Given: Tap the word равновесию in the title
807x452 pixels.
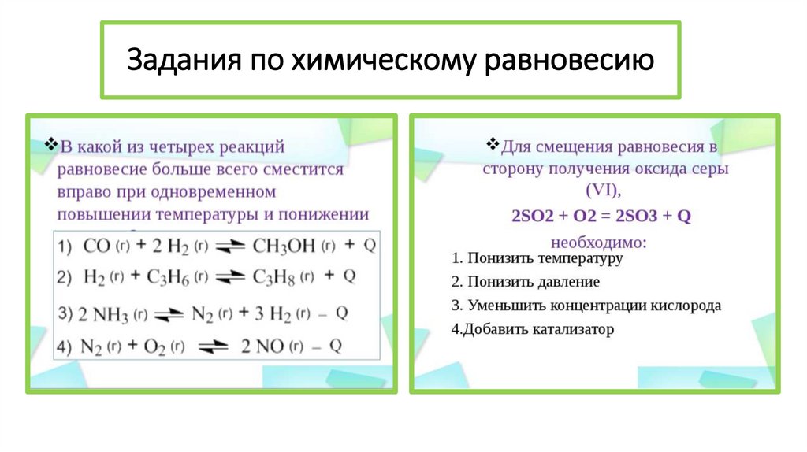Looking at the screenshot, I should (x=569, y=60).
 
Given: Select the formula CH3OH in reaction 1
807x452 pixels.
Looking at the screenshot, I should (x=284, y=246).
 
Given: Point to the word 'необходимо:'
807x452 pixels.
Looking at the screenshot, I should (x=600, y=241).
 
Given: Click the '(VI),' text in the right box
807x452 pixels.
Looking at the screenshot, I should (x=604, y=192).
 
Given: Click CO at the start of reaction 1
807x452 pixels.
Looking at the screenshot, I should (x=98, y=246).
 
